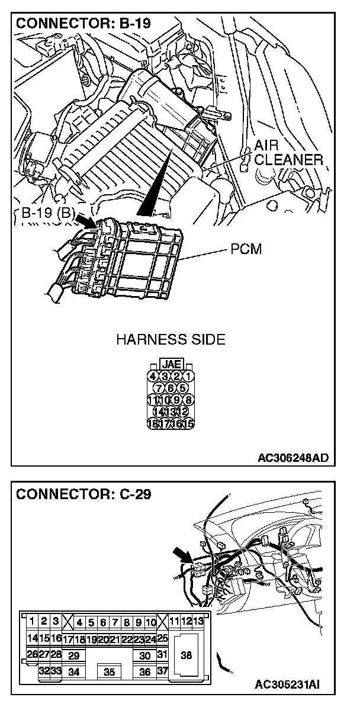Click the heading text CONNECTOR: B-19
[83, 24]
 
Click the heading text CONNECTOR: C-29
[83, 494]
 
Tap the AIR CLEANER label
[288, 153]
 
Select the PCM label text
[246, 249]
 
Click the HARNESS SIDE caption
[171, 340]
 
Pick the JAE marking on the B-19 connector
[171, 365]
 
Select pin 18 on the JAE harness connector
[153, 423]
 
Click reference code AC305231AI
[288, 685]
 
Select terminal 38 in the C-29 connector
[187, 655]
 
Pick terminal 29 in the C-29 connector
[73, 656]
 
